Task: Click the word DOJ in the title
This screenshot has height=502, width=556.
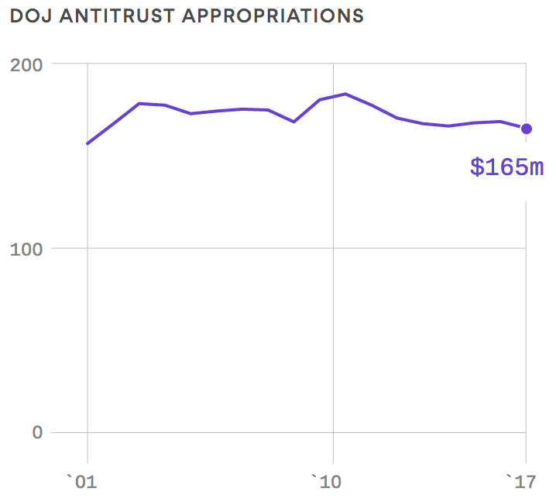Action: coord(27,16)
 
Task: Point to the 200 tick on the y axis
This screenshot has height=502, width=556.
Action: coord(26,64)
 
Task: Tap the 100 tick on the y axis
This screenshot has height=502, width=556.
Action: coord(26,249)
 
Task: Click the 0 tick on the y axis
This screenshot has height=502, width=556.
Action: coord(37,432)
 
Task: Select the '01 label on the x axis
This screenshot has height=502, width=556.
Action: coord(81,483)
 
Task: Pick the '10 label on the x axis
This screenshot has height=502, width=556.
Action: coord(326,483)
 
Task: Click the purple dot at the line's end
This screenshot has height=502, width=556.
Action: coord(527,129)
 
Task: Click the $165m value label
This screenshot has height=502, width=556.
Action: coord(506,167)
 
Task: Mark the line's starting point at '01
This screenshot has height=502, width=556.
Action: coord(88,143)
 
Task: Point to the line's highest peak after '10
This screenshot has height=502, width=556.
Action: coord(345,94)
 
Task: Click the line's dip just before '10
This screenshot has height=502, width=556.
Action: coord(293,122)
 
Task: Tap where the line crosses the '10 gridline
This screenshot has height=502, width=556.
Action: coord(333,96)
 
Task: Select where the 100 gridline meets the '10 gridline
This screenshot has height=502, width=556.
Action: coord(333,249)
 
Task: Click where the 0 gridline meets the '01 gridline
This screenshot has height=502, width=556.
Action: coord(88,432)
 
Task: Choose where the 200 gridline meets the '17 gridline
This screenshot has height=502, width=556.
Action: coord(527,64)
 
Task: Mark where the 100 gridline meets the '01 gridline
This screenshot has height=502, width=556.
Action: coord(88,249)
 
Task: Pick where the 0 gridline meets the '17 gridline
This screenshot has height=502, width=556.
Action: coord(527,432)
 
